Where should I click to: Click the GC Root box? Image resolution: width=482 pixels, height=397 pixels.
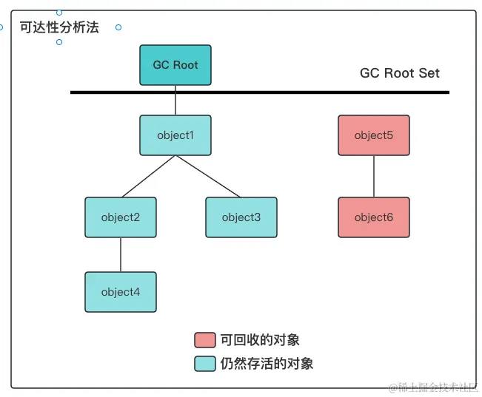pos(175,65)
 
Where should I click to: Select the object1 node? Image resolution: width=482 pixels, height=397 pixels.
pos(175,135)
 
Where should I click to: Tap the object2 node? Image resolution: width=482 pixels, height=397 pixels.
pos(121,217)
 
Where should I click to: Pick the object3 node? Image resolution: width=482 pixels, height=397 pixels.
pos(241,217)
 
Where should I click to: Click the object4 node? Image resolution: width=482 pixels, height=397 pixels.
pos(121,292)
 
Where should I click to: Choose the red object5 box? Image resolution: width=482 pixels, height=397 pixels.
pos(374,135)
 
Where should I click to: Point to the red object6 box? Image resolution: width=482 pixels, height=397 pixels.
pos(374,217)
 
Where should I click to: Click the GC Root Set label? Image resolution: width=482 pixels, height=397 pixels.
pos(399,73)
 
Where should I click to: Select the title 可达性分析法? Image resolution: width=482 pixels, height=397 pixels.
pos(59,27)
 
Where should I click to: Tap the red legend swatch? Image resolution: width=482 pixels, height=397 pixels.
pos(205,340)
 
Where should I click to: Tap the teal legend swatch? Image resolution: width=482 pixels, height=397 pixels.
pos(205,364)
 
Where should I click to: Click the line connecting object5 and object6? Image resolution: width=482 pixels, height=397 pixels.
pos(374,176)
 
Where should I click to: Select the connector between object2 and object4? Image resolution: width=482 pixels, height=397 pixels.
pos(121,254)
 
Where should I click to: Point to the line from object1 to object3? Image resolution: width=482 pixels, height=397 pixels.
pos(208,176)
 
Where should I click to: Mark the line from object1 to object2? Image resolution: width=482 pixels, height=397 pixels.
pos(148,176)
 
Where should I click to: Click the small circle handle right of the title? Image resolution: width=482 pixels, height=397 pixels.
pos(118,27)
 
